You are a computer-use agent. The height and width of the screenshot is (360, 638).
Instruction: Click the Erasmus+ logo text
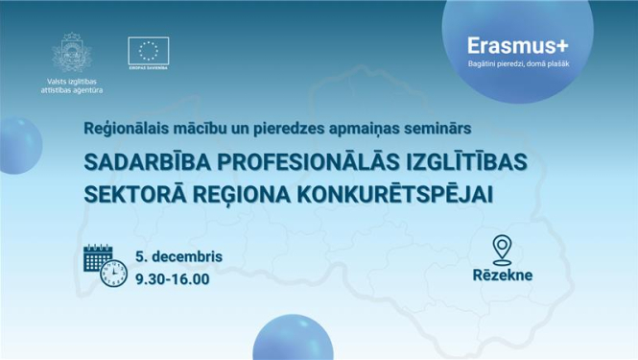pyautogui.click(x=514, y=45)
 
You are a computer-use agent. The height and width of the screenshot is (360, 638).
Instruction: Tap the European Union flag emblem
pyautogui.click(x=148, y=51)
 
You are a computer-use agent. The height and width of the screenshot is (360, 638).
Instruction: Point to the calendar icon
pyautogui.click(x=99, y=258)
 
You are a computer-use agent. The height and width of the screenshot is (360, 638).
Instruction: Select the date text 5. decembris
pyautogui.click(x=179, y=257)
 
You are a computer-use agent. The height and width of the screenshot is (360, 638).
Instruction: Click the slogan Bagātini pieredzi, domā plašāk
pyautogui.click(x=514, y=64)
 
